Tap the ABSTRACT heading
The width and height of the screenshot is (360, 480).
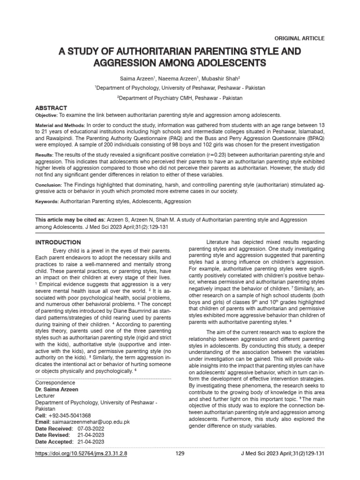52,108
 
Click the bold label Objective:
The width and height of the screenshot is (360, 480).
46,115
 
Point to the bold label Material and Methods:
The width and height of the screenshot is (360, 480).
60,126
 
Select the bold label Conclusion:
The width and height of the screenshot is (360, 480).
49,185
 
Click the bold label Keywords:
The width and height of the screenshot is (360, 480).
47,201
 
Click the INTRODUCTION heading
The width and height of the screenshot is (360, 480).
59,242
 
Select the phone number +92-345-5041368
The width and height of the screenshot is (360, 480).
70,415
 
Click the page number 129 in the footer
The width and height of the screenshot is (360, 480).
180,454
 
